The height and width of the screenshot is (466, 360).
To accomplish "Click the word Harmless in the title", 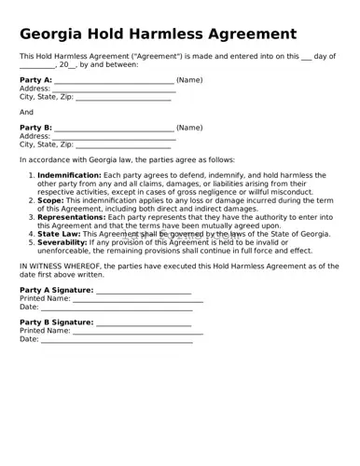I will click(186, 34).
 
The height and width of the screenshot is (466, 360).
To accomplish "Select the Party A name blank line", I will click(114, 80).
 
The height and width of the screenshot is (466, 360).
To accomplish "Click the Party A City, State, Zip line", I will click(122, 97).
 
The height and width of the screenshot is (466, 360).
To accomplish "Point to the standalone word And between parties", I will click(26, 112).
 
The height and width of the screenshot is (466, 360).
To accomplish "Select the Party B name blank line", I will click(114, 128).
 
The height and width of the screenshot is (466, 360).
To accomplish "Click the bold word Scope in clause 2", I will click(50, 200).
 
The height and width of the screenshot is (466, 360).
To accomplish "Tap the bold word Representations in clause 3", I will click(72, 217).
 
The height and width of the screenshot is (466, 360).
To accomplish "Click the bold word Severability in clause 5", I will click(62, 242).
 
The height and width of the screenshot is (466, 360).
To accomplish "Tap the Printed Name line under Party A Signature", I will click(137, 298).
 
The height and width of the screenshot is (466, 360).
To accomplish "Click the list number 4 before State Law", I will click(32, 234).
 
